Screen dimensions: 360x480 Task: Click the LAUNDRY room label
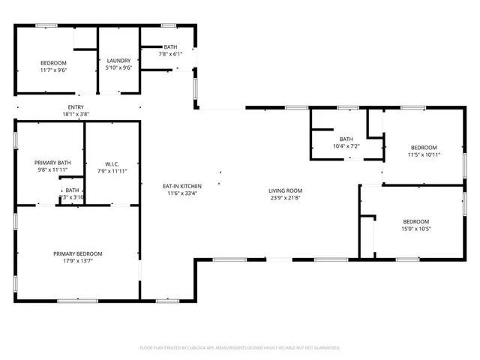[x=118, y=61]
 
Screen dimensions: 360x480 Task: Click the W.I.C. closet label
[x=112, y=163]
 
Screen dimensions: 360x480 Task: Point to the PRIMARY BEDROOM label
[x=78, y=253]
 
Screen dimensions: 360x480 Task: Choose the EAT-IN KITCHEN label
[x=180, y=185]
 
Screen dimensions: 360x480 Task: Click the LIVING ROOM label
[x=286, y=190]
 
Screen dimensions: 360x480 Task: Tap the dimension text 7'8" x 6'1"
[x=169, y=54]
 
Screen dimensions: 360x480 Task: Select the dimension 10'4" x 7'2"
[x=346, y=146]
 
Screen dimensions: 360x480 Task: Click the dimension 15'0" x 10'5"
[x=415, y=229]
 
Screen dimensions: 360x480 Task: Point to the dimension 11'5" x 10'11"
[x=423, y=154]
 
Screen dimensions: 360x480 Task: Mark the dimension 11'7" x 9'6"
[x=53, y=70]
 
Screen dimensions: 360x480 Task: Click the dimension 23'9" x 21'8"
[x=286, y=199]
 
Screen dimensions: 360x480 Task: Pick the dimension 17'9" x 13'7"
[x=78, y=262]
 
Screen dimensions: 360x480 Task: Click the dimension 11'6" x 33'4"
[x=180, y=193]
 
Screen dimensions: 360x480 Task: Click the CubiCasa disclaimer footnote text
[x=240, y=348]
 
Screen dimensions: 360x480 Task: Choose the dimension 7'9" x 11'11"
[x=112, y=171]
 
